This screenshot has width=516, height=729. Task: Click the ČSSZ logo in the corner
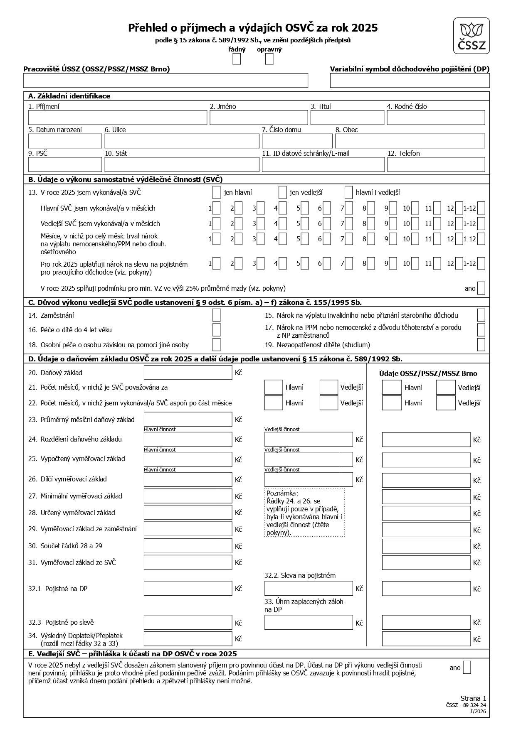pos(471,36)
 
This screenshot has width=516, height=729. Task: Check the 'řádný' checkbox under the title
pos(237,59)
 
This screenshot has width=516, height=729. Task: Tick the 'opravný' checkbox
pos(269,59)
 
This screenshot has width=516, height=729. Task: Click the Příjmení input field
pos(117,118)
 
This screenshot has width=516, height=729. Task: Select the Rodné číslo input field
pos(435,118)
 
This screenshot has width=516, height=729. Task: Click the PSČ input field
pos(65,164)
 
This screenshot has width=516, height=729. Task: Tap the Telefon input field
pos(436,164)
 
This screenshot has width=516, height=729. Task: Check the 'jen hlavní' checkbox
pos(216,193)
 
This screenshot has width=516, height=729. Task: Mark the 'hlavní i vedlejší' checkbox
pos(348,193)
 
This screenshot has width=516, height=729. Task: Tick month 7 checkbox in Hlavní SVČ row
pos(349,208)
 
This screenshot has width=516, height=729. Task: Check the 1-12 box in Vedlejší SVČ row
pos(481,224)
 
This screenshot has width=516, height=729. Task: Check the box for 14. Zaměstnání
pos(216,315)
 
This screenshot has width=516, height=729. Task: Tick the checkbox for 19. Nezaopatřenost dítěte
pos(481,345)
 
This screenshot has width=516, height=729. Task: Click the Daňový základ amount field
pos(188,373)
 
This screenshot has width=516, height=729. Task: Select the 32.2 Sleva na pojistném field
pos(309,589)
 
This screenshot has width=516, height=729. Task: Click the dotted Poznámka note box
pos(305,513)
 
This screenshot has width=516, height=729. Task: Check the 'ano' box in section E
pos(467,668)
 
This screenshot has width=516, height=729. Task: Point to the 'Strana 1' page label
pos(473,698)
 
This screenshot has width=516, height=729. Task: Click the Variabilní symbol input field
pos(410,81)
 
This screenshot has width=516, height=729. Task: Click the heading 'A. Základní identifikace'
pos(69,96)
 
